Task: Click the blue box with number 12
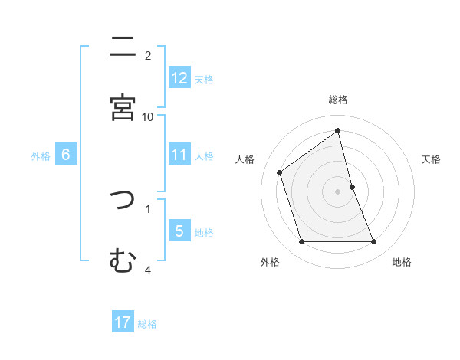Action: coord(179,78)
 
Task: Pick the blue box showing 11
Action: coord(179,155)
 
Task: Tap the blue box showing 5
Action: coord(179,231)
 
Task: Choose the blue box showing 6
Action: coord(66,155)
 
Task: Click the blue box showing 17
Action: coord(123,322)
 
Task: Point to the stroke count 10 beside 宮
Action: coord(148,116)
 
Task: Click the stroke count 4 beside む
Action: coord(148,270)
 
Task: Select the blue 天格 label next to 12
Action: coord(204,79)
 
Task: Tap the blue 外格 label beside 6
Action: coord(41,155)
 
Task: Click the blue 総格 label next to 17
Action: coord(147,323)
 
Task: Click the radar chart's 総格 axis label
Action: coord(338,100)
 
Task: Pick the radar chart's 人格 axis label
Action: coord(245,159)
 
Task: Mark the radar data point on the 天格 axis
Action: coord(352,186)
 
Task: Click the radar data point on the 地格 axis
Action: coord(374,242)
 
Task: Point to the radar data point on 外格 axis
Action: coord(301,242)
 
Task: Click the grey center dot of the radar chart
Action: coord(338,191)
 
